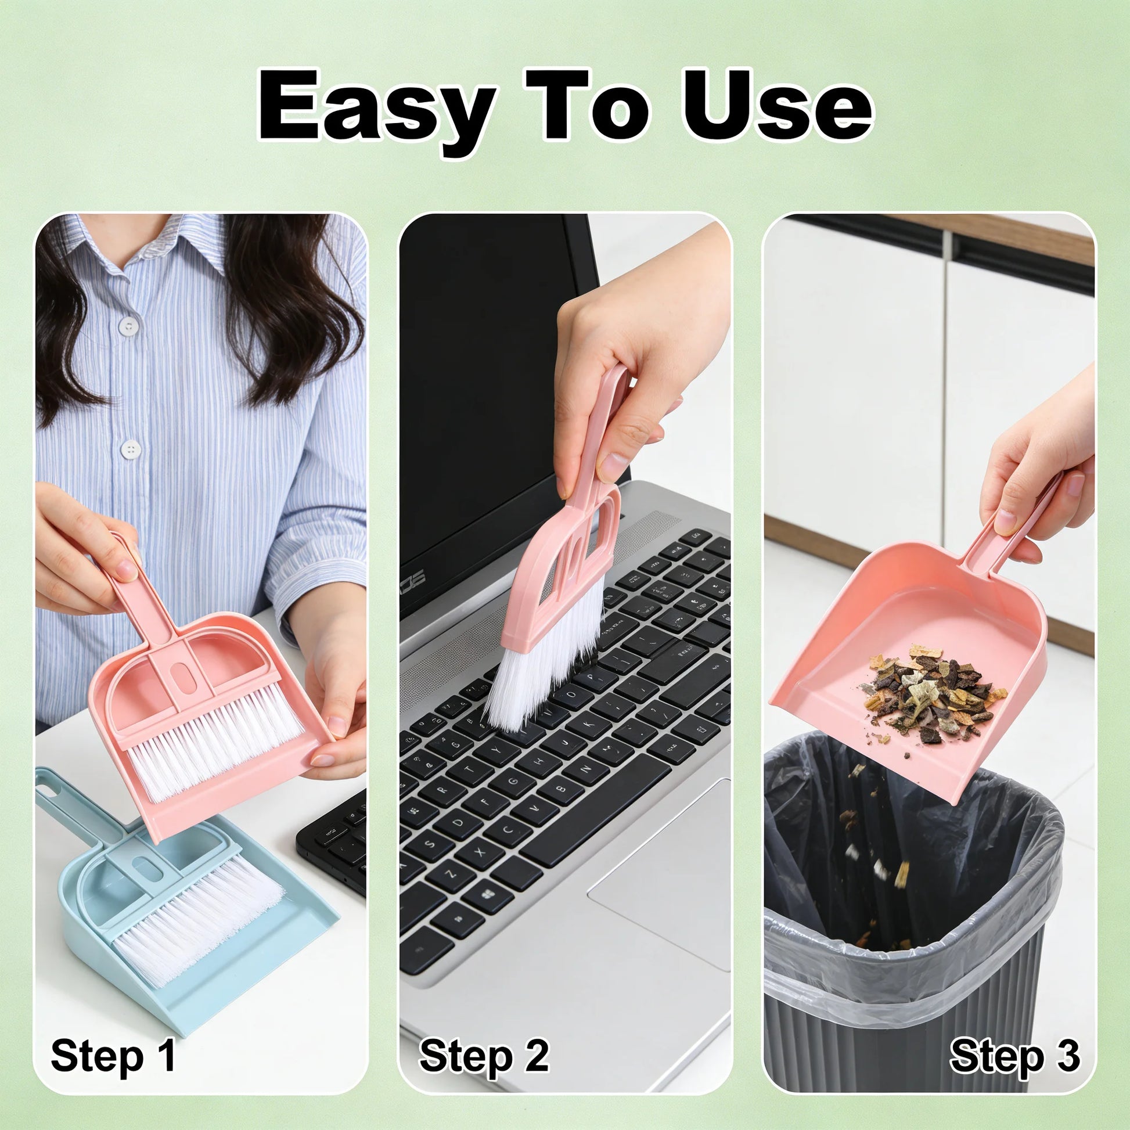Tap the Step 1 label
113,1056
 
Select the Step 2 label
484,1056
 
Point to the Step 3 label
1015,1056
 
